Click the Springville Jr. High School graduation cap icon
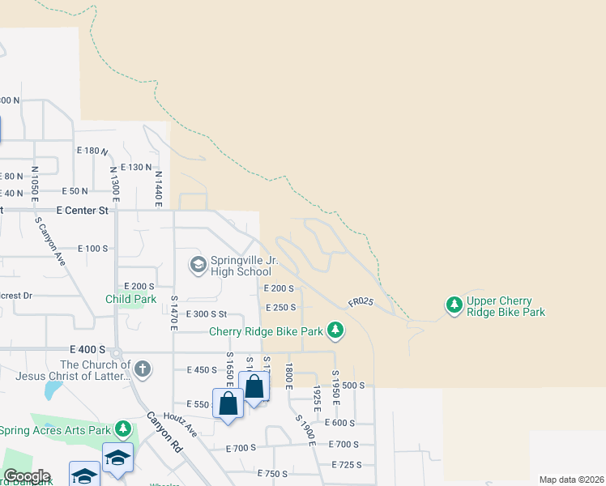pyautogui.click(x=198, y=264)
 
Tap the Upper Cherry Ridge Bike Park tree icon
pyautogui.click(x=454, y=305)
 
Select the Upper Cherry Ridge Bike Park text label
pyautogui.click(x=506, y=306)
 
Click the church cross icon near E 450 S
pyautogui.click(x=142, y=369)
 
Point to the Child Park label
pyautogui.click(x=130, y=299)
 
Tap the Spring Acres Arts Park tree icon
pyautogui.click(x=122, y=428)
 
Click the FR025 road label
pyautogui.click(x=361, y=301)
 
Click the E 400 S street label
pyautogui.click(x=87, y=349)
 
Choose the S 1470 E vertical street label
pyautogui.click(x=173, y=312)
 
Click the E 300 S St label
pyautogui.click(x=204, y=314)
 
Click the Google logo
pyautogui.click(x=26, y=476)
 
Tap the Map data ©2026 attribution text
pyautogui.click(x=570, y=480)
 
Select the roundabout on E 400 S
pyautogui.click(x=115, y=352)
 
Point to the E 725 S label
pyautogui.click(x=346, y=464)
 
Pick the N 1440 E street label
pyautogui.click(x=159, y=187)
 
